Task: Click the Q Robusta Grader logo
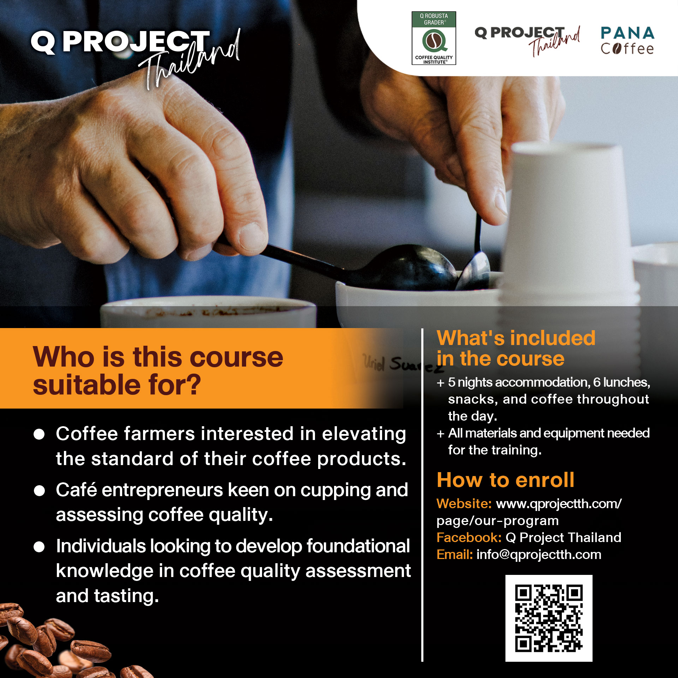point(434,38)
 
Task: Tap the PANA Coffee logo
point(628,41)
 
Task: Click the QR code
point(549,618)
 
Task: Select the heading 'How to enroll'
point(505,480)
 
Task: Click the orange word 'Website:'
point(464,504)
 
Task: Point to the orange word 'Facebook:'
point(469,537)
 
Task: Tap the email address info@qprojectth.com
point(539,555)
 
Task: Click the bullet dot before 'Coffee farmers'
point(39,434)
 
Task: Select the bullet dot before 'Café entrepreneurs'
point(39,490)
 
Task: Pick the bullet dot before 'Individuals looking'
point(39,547)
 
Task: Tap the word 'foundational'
point(358,546)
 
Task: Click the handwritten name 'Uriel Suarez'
point(403,364)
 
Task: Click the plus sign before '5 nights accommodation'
point(440,383)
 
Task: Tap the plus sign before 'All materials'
point(440,434)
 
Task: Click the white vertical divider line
point(422,495)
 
